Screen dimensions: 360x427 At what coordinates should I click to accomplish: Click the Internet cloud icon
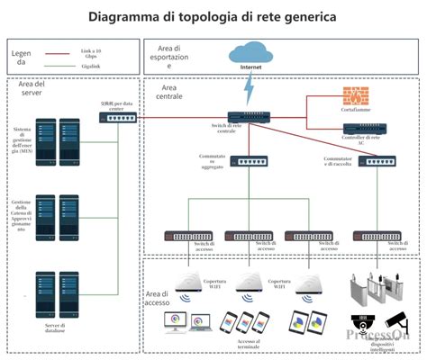point(250,53)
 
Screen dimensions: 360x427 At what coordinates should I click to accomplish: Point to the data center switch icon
point(118,117)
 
